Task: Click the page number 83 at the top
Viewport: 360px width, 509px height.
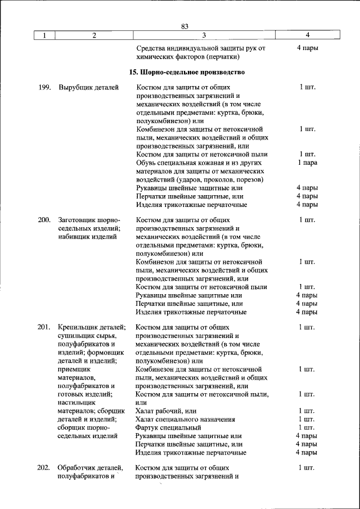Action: pos(185,26)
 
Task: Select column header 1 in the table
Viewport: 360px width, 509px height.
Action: pos(44,35)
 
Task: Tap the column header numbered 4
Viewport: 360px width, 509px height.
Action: pos(307,35)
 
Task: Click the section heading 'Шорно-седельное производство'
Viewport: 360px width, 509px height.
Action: pos(187,73)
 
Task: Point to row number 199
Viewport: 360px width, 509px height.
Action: pos(44,87)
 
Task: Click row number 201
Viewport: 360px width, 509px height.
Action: pos(44,327)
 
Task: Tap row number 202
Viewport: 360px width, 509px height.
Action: pos(44,467)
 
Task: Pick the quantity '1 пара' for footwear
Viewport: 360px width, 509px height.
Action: pos(307,163)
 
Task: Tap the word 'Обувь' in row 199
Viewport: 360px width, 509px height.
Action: pos(146,163)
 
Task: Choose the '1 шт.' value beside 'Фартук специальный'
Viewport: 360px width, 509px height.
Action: pos(307,427)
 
